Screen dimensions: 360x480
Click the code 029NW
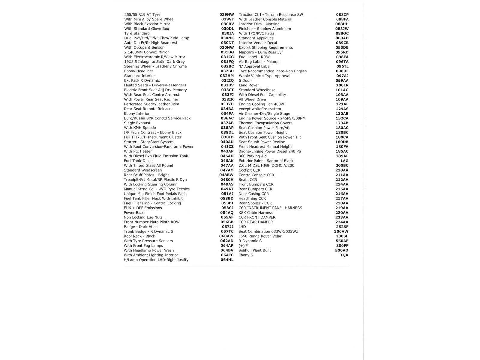pos(226,14)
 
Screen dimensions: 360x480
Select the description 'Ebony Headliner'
pos(139,71)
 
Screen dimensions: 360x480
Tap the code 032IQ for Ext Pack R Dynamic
pos(227,80)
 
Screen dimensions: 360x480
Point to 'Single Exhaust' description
pos(137,123)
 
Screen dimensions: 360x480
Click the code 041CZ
pos(227,147)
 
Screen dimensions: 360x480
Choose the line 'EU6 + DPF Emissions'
pos(143,208)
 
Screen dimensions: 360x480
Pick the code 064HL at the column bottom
pos(227,260)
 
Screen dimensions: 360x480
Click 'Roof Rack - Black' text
pos(139,236)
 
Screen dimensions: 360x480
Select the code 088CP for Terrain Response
pos(342,14)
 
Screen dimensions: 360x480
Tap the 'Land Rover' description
pos(249,85)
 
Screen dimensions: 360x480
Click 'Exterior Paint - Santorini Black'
pos(266,161)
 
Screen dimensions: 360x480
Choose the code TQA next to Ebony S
pos(344,255)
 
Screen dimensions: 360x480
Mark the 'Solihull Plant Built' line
pos(255,250)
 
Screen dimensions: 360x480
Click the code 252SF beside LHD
pos(342,227)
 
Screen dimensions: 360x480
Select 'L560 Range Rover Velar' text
pos(260,236)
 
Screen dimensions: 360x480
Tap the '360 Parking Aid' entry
pos(253,156)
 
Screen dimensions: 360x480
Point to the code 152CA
pos(342,118)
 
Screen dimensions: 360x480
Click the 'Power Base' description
pos(134,213)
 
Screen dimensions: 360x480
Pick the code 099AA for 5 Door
pos(342,80)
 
